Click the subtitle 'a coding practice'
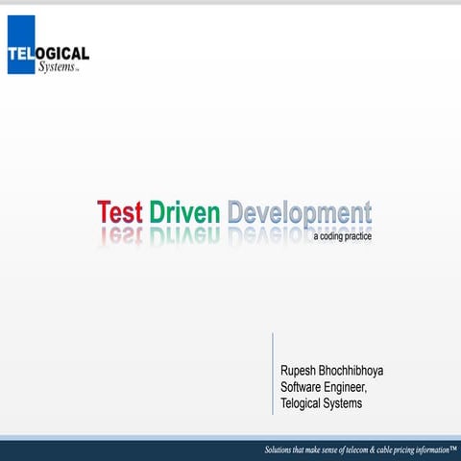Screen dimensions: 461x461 point(342,235)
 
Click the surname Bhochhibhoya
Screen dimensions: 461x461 point(357,370)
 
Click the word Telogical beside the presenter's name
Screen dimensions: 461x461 point(303,403)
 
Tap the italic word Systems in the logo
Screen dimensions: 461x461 point(59,67)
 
